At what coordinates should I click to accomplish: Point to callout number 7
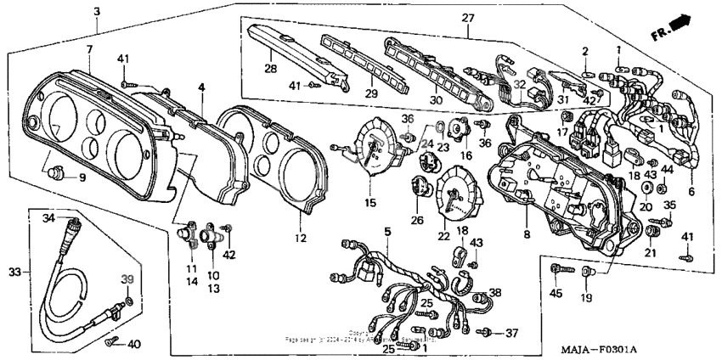89,49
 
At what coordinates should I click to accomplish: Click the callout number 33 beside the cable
13,272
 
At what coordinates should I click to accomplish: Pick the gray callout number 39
128,280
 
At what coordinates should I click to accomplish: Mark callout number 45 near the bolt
556,294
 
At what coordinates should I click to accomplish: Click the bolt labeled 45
557,270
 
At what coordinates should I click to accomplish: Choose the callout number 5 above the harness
387,231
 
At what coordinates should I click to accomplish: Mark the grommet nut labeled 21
651,231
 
